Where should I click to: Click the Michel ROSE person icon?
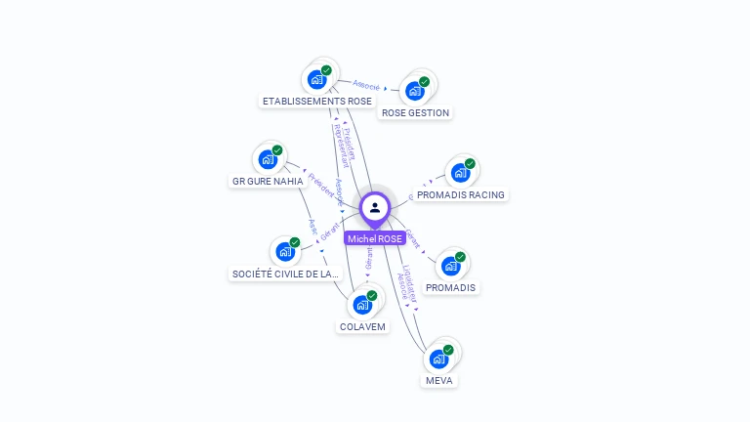point(374,207)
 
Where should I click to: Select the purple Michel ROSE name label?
point(375,238)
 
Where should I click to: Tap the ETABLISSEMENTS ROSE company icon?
point(316,79)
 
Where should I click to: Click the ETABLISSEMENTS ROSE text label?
point(317,101)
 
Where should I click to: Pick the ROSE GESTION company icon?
point(415,91)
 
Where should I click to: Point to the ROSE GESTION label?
point(415,112)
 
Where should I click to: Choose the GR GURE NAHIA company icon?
point(268,159)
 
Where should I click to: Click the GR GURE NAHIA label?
point(268,181)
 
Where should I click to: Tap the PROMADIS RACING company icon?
point(460,173)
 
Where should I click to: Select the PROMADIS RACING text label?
point(461,194)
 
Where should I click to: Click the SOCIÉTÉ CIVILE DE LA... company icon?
point(285,252)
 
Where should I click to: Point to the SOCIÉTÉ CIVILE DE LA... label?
point(285,274)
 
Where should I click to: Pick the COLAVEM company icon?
point(362,305)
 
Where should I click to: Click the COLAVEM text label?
point(362,326)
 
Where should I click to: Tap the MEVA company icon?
point(438,359)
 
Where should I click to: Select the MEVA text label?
point(439,380)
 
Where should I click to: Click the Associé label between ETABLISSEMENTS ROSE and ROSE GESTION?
point(366,86)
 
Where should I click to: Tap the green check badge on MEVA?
point(448,349)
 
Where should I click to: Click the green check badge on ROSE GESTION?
point(424,82)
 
